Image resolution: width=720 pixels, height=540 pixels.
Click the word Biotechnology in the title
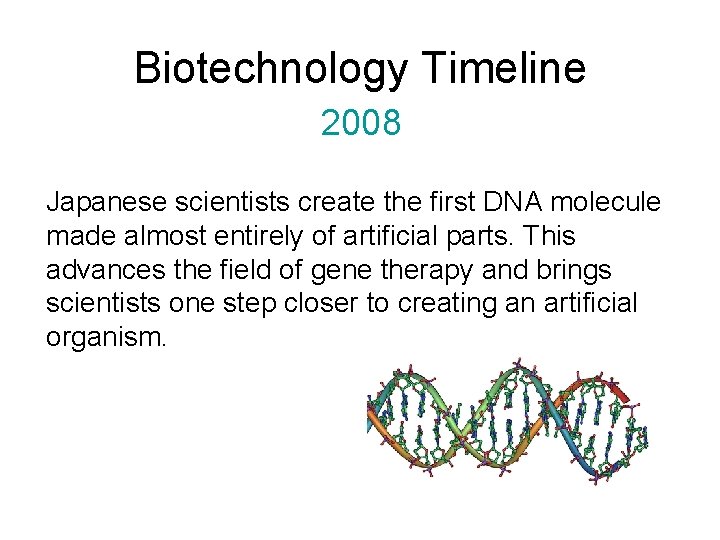point(270,69)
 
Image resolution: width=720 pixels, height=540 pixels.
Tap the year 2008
point(360,123)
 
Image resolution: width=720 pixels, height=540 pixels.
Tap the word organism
point(106,337)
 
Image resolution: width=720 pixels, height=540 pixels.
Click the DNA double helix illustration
point(508,421)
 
